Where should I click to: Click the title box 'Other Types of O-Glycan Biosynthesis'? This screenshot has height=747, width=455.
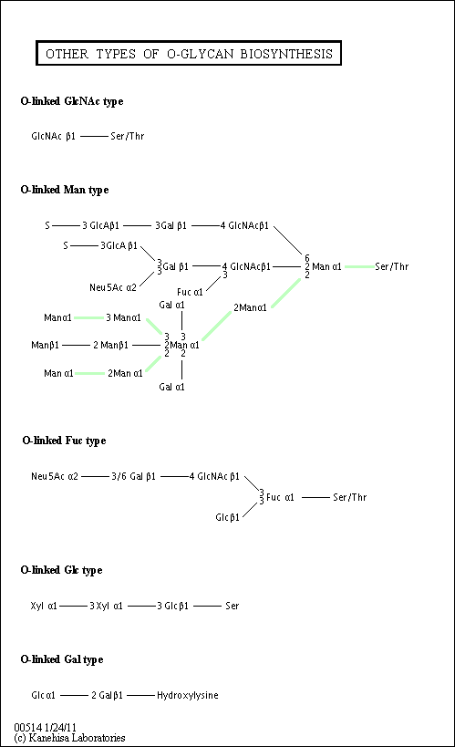coord(189,53)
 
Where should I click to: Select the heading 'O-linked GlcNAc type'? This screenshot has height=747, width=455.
coord(72,101)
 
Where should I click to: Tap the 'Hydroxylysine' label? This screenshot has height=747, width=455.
coord(188,695)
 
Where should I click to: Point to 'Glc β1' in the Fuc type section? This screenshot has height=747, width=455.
coord(228,517)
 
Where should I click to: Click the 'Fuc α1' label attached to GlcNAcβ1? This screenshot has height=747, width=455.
coord(190,292)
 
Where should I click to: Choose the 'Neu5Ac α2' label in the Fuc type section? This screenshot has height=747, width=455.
coord(55,476)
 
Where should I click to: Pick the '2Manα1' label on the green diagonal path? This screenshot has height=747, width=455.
coord(250,307)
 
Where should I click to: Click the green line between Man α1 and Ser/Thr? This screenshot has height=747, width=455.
coord(359,266)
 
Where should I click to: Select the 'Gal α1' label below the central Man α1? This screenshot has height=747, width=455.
coord(171,387)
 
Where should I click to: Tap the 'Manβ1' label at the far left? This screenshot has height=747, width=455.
coord(46,345)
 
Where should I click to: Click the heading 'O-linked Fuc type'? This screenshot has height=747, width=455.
coord(65,441)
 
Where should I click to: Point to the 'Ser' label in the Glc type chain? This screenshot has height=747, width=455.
coord(232,606)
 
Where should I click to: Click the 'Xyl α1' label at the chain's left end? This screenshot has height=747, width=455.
coord(44,606)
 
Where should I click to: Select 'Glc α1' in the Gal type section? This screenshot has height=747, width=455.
coord(44,695)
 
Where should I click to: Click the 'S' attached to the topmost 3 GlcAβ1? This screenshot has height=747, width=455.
coord(47,225)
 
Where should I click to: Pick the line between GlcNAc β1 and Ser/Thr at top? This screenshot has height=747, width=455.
coord(94,136)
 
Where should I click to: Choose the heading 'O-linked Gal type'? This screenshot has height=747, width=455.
coord(62,659)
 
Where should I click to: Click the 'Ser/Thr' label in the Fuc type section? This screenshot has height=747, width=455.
coord(350,497)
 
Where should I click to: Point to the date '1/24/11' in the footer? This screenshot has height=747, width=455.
coord(60,728)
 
